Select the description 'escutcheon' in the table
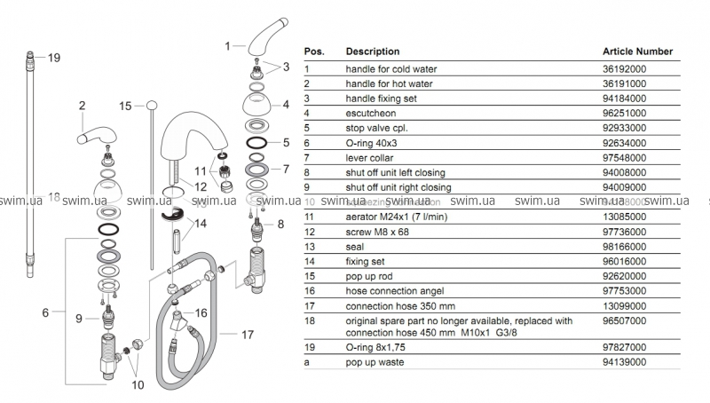pyautogui.click(x=370, y=113)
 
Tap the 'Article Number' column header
pyautogui.click(x=637, y=51)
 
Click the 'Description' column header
pyautogui.click(x=372, y=51)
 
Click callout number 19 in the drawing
pyautogui.click(x=53, y=58)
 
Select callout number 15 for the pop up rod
pyautogui.click(x=126, y=105)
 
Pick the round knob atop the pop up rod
pyautogui.click(x=154, y=105)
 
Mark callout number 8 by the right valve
pyautogui.click(x=280, y=225)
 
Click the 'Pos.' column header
pyautogui.click(x=315, y=51)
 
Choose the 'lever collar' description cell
pyautogui.click(x=371, y=157)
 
